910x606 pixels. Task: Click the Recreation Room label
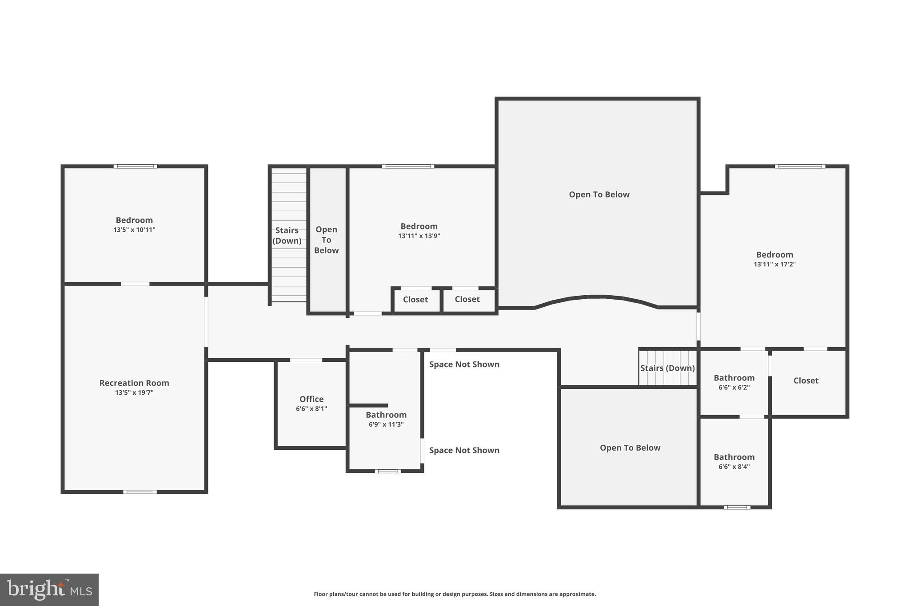click(x=134, y=383)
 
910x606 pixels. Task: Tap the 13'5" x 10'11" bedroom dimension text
click(x=134, y=230)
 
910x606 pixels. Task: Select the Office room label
click(x=311, y=399)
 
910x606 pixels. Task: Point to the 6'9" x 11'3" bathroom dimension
click(x=386, y=424)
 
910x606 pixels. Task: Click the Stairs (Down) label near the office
click(x=287, y=235)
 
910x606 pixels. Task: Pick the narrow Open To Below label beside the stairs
click(x=326, y=240)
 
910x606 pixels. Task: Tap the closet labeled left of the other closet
click(x=415, y=299)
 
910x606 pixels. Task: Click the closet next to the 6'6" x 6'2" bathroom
click(x=806, y=380)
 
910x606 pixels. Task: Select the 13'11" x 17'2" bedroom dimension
click(x=774, y=264)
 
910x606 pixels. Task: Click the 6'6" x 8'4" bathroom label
click(x=734, y=457)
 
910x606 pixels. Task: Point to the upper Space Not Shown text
click(x=464, y=364)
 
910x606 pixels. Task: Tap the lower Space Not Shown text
click(x=464, y=450)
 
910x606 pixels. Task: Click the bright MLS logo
click(x=49, y=590)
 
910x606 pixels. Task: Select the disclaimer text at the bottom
click(x=455, y=594)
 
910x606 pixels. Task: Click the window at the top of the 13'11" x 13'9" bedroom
click(x=408, y=166)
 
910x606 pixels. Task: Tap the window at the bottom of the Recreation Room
click(x=140, y=492)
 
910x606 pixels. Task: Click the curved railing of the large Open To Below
click(x=596, y=297)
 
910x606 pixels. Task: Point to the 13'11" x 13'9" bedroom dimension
click(x=419, y=236)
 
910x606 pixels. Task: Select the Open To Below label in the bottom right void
click(x=630, y=448)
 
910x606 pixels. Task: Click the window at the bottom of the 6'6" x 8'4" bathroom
click(x=737, y=507)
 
